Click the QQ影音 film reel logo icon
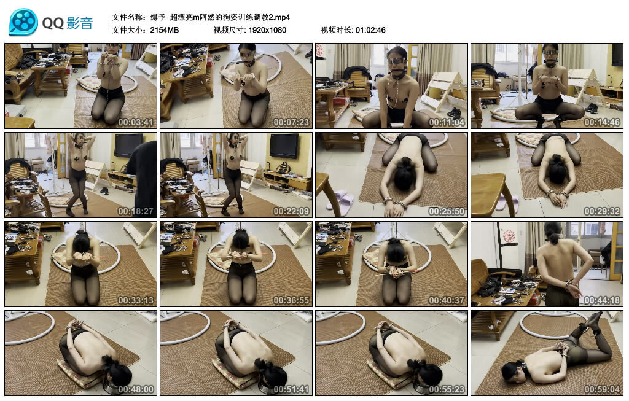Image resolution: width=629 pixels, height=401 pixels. pos(23,23)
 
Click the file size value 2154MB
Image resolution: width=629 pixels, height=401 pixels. pos(164,29)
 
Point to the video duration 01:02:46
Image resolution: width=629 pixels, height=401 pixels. pos(370,29)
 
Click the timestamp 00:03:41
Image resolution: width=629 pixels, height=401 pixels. pos(135,122)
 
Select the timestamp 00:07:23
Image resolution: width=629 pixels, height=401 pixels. pos(291,122)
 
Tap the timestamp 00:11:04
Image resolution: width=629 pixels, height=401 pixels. pos(447,122)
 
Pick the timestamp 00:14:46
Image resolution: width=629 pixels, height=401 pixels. pos(602,122)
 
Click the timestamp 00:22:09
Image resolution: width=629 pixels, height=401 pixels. pos(291,211)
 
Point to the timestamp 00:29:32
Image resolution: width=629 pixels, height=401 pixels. pos(602,211)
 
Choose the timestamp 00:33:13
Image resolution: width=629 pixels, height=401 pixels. pos(135,300)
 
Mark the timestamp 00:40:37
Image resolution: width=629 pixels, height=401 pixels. pos(447,300)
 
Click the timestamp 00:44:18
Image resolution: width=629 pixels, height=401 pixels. pos(602,300)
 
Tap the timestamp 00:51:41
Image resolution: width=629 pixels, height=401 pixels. pos(291,389)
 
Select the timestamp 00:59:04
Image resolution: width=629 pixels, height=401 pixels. pos(602,389)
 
